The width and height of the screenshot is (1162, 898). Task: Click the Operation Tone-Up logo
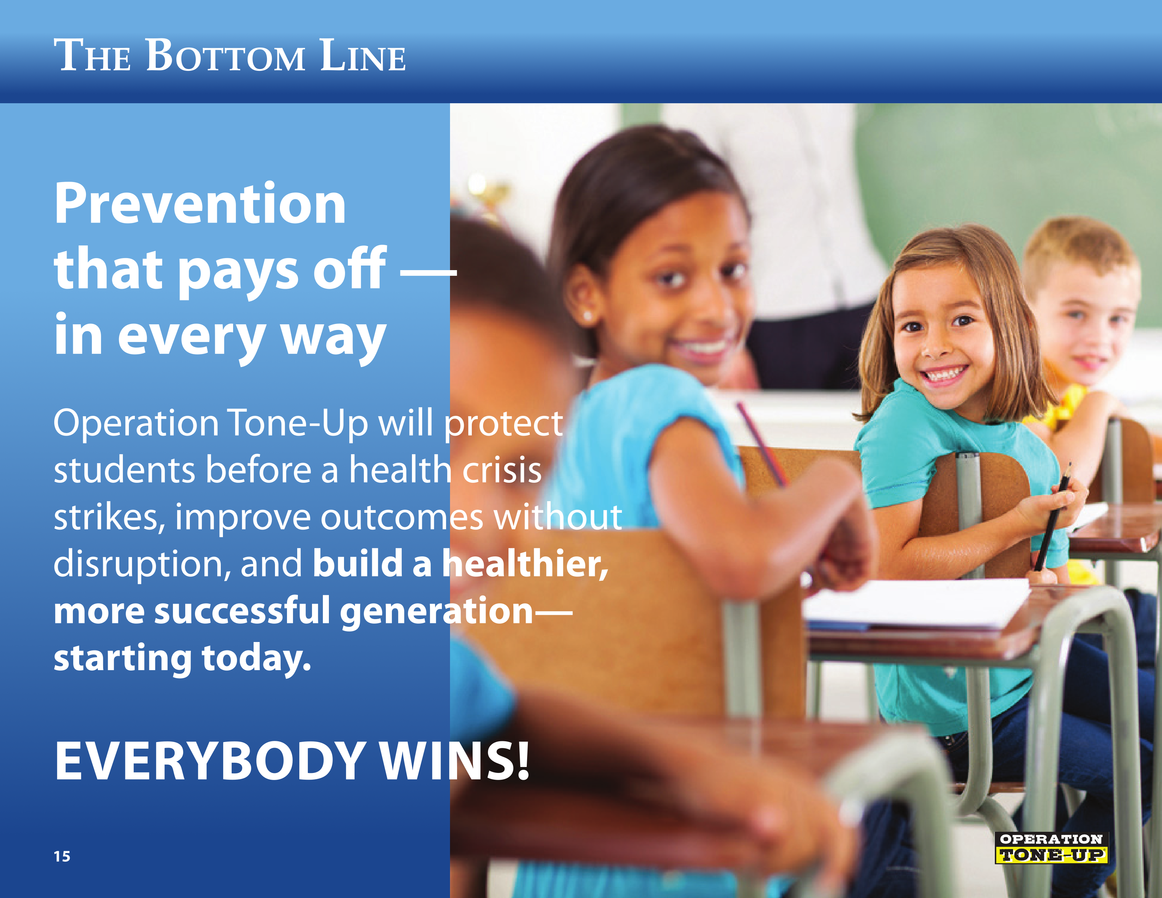point(1051,848)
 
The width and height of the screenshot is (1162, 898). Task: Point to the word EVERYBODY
point(209,761)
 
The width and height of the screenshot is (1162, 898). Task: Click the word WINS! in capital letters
point(455,761)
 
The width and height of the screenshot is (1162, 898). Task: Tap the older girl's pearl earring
point(588,317)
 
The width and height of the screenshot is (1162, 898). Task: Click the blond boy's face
point(1085,325)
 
